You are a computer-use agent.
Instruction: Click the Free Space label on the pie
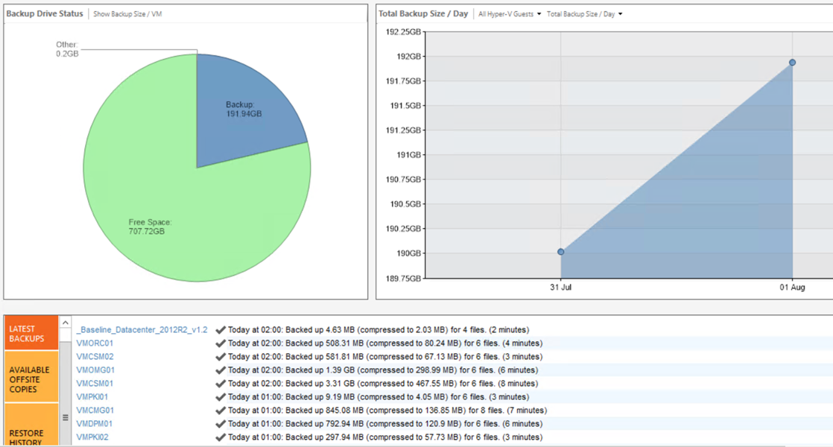tap(150, 226)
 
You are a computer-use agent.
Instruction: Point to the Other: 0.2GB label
tap(67, 49)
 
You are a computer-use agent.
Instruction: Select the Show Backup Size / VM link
tap(127, 14)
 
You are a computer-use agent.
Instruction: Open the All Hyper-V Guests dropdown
tap(510, 14)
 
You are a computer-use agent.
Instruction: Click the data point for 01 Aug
tap(792, 63)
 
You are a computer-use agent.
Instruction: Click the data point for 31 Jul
tap(560, 252)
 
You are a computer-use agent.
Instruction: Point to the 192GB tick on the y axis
tap(408, 57)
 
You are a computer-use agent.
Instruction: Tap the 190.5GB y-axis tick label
tap(405, 204)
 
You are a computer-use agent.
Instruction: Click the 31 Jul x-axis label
tap(560, 288)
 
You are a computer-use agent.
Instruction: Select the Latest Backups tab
tap(31, 333)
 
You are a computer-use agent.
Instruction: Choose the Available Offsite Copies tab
tap(31, 379)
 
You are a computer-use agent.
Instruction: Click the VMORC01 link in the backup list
tap(95, 343)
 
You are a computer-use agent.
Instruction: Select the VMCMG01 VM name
tap(95, 410)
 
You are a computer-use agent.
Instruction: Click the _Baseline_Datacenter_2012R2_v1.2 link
tap(142, 330)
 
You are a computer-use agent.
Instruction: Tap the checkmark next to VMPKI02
tap(221, 437)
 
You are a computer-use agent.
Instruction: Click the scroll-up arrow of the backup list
tap(66, 323)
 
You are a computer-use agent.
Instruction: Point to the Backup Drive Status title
tap(45, 14)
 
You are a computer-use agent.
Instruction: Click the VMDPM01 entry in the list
tap(95, 424)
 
